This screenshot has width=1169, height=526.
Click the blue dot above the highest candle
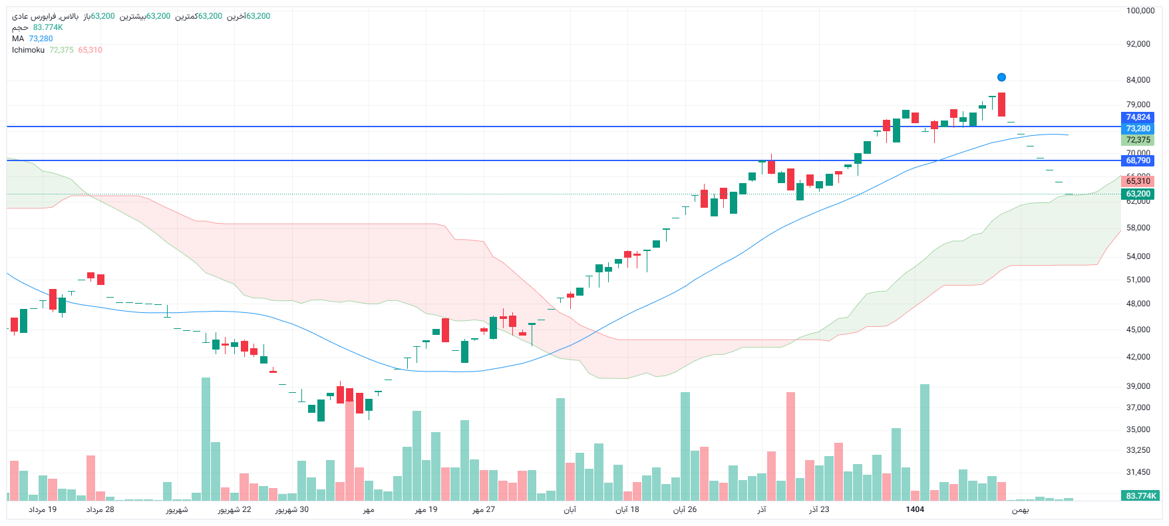(x=1001, y=77)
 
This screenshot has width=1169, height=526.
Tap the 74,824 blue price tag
(x=1138, y=117)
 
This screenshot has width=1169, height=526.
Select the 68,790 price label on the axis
(x=1138, y=160)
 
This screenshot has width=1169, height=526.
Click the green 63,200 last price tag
(x=1138, y=194)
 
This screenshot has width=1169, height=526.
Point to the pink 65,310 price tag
(x=1138, y=181)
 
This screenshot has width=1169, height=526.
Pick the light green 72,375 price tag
(x=1138, y=140)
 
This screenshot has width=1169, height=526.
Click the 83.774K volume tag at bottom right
(x=1141, y=496)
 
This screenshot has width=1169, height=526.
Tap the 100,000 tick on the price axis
(x=1140, y=11)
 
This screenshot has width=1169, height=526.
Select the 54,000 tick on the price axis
(x=1138, y=256)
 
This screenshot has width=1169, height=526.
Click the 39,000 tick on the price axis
(x=1138, y=386)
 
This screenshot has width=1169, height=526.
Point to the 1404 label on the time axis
(x=915, y=509)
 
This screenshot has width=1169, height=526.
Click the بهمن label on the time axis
(x=1020, y=510)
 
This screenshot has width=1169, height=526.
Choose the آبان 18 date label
(x=627, y=509)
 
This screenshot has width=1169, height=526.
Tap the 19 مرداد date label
(x=43, y=509)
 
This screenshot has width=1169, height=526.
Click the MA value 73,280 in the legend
(x=41, y=39)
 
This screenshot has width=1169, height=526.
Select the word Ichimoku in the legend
(x=28, y=50)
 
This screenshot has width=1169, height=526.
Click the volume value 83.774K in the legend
(x=48, y=27)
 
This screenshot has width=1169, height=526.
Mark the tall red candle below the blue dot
(x=1001, y=105)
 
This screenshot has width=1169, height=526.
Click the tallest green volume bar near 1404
(x=925, y=442)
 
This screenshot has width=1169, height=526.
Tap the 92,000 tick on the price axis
(x=1138, y=44)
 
